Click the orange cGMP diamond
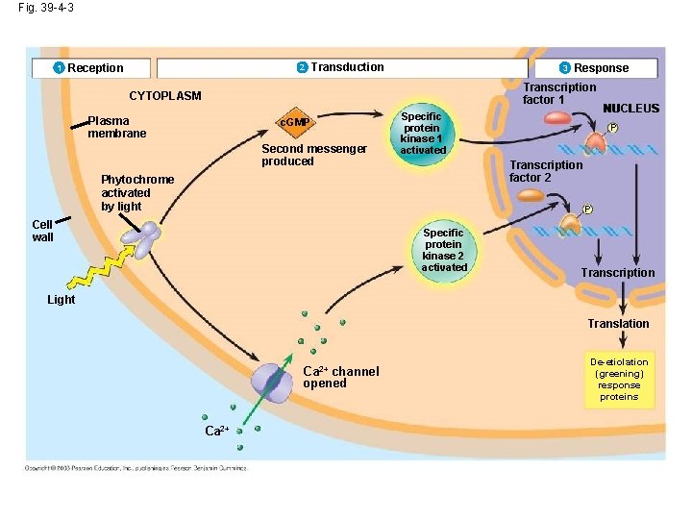(x=294, y=124)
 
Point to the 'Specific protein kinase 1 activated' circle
(x=422, y=134)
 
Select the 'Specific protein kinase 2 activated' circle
(x=443, y=250)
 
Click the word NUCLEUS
(x=630, y=109)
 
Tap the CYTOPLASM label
(x=165, y=96)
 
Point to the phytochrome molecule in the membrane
(x=147, y=238)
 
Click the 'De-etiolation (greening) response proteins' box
(x=619, y=380)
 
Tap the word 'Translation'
(x=618, y=324)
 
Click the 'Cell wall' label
(x=42, y=231)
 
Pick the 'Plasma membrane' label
(x=116, y=128)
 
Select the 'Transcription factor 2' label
(x=545, y=171)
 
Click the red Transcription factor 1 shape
(x=557, y=118)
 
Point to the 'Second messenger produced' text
(x=313, y=155)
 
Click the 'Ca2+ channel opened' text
(x=340, y=378)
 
